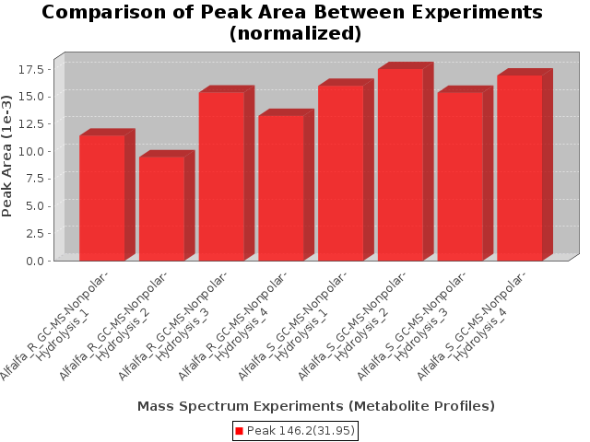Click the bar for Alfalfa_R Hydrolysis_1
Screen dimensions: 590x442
click(x=102, y=198)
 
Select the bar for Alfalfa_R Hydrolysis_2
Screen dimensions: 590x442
click(x=162, y=209)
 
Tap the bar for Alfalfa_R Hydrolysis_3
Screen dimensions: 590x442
click(x=221, y=176)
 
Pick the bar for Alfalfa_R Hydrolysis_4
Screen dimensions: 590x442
click(x=281, y=188)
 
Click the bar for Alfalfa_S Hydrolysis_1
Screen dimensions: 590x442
click(x=341, y=173)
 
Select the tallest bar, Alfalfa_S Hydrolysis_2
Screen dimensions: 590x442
click(x=401, y=165)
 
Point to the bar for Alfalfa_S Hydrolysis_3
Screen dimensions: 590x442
click(x=460, y=176)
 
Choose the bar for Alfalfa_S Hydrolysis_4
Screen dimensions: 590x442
click(x=520, y=168)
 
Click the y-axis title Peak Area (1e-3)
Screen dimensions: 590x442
click(x=6, y=156)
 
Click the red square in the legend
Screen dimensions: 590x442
click(x=240, y=431)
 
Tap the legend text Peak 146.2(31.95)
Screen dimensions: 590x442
click(x=301, y=431)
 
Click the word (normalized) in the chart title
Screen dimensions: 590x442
click(x=295, y=33)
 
